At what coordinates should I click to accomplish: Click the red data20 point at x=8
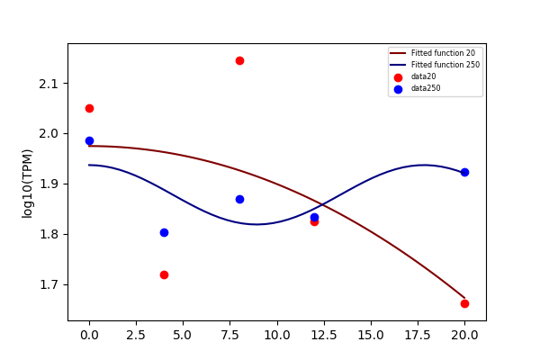(x=239, y=61)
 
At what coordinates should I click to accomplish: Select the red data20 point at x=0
(x=89, y=109)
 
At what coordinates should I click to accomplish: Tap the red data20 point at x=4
(x=165, y=274)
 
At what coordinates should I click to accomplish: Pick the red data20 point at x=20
(x=464, y=303)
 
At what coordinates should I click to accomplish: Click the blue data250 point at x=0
(x=89, y=140)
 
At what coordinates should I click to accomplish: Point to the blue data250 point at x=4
(x=165, y=232)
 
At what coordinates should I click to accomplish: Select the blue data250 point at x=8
(x=239, y=199)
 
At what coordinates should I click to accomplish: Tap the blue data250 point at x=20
(x=464, y=172)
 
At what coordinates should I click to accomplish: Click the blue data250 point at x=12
(x=314, y=218)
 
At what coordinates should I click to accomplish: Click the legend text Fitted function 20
(x=443, y=53)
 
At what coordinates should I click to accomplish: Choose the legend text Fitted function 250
(x=445, y=65)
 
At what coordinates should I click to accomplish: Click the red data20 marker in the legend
(x=398, y=77)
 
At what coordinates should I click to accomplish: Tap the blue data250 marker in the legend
(x=398, y=89)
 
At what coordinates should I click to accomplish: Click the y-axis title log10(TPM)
(x=27, y=184)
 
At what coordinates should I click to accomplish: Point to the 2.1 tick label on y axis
(x=49, y=84)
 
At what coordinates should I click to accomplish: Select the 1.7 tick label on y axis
(x=49, y=285)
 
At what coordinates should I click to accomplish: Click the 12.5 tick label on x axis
(x=324, y=335)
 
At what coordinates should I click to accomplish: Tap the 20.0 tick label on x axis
(x=464, y=335)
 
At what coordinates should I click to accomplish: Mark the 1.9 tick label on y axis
(x=49, y=184)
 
